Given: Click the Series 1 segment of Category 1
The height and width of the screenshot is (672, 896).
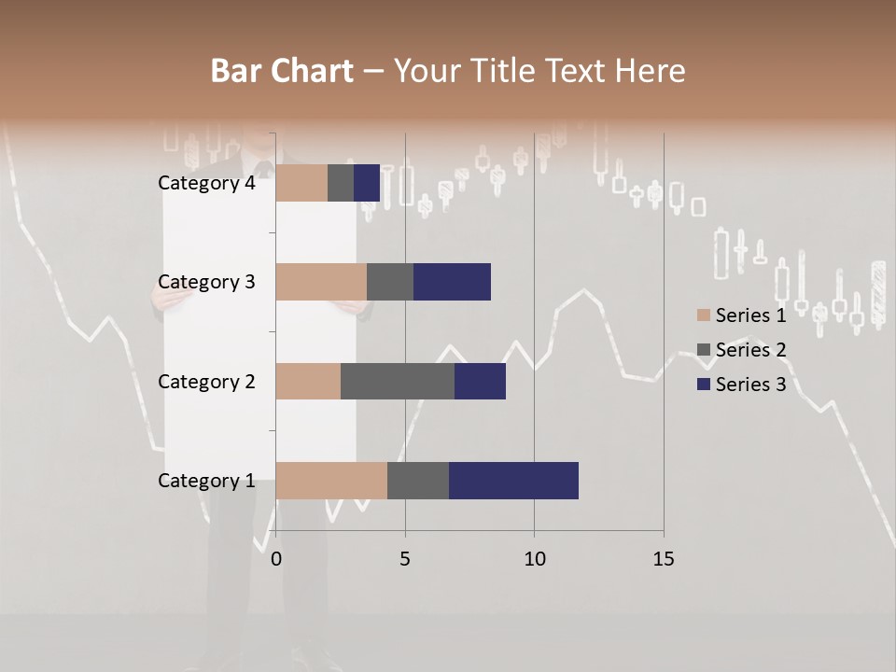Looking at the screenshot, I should tap(331, 481).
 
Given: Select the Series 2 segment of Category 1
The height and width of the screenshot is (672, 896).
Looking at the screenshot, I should tap(418, 481).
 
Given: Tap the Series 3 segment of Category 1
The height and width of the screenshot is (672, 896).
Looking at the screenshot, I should tap(513, 481).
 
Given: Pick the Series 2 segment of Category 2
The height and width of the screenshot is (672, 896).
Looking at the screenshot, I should tap(398, 381).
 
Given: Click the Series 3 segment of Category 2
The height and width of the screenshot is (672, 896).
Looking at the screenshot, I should tap(480, 381).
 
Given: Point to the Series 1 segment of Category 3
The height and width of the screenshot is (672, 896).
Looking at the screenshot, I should tap(321, 282).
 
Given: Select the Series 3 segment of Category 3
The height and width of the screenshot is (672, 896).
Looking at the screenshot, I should tap(452, 282).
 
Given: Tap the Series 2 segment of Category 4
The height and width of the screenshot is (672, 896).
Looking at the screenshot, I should tap(341, 183).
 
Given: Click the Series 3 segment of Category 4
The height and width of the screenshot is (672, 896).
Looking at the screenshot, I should tap(367, 183).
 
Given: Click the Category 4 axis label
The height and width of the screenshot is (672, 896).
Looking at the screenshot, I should tap(206, 183).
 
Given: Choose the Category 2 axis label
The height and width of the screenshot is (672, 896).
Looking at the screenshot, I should tap(206, 381).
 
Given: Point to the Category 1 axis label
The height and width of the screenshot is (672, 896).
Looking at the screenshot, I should tap(206, 481).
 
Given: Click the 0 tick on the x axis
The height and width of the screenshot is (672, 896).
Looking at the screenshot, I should tap(276, 559).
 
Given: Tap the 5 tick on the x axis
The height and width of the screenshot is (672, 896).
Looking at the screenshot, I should tap(405, 559).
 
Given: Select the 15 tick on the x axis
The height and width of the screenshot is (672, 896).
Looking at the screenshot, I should tap(663, 559).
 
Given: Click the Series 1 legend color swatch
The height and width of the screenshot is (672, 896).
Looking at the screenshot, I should tap(703, 315).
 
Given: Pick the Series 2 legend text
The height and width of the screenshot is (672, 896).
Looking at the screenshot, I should tap(750, 350).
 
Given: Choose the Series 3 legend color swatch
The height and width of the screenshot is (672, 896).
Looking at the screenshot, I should tap(703, 385).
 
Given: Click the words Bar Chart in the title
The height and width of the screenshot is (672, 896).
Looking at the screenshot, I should tap(282, 71).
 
